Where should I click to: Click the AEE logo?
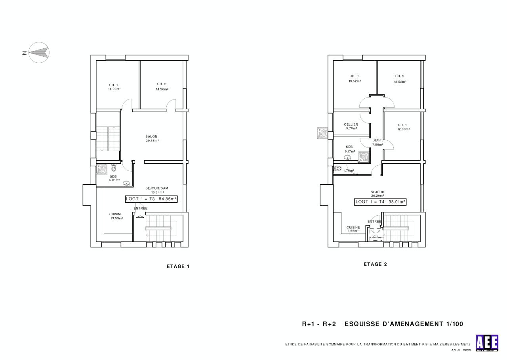(x=487, y=343)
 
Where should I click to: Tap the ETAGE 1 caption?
(x=178, y=266)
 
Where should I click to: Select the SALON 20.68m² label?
(x=151, y=138)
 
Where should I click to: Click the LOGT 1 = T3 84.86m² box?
(x=151, y=199)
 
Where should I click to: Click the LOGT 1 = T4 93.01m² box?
(x=380, y=202)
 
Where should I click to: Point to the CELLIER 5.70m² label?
(x=351, y=126)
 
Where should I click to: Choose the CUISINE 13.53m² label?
(x=116, y=216)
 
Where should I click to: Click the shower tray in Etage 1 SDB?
(x=103, y=169)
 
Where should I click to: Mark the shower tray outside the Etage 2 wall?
(x=322, y=133)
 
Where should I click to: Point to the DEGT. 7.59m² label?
(x=378, y=142)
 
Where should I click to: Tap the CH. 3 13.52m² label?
(x=354, y=79)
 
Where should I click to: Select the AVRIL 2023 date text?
(x=461, y=350)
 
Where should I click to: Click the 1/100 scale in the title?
(x=454, y=324)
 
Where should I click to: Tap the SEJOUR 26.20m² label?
(x=377, y=193)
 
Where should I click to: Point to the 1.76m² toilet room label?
(x=349, y=171)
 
